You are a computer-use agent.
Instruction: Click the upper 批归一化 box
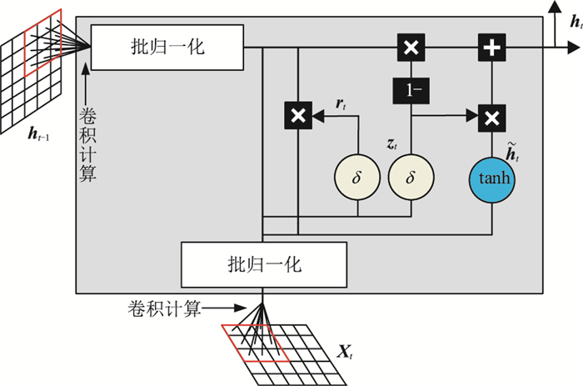pyautogui.click(x=167, y=48)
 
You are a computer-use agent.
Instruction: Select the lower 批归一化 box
pyautogui.click(x=264, y=266)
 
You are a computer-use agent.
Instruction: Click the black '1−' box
pyautogui.click(x=410, y=89)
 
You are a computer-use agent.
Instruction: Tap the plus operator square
pyautogui.click(x=491, y=48)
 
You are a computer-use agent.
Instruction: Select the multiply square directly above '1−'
pyautogui.click(x=410, y=48)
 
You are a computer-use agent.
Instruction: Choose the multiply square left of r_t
pyautogui.click(x=297, y=117)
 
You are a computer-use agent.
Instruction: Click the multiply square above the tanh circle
pyautogui.click(x=491, y=117)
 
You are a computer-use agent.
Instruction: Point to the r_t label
pyautogui.click(x=341, y=104)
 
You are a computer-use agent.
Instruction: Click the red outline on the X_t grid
pyautogui.click(x=254, y=342)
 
